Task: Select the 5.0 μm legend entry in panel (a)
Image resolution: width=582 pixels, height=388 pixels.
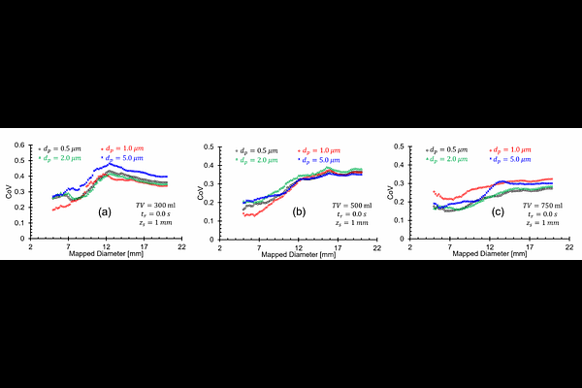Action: (x=121, y=157)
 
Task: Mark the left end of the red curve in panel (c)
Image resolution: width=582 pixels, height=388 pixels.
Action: (x=434, y=191)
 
